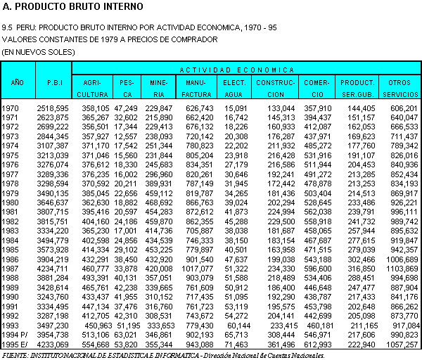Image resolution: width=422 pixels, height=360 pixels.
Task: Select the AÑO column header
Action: (17, 82)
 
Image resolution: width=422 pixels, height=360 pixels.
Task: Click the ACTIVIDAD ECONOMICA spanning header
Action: (236, 70)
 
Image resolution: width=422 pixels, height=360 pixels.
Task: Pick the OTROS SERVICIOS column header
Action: (399, 87)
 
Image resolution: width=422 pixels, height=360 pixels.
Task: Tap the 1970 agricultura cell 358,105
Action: (91, 108)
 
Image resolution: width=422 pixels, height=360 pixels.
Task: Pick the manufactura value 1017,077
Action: (198, 268)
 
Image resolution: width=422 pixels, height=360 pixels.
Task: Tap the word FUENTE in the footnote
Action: (16, 355)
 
